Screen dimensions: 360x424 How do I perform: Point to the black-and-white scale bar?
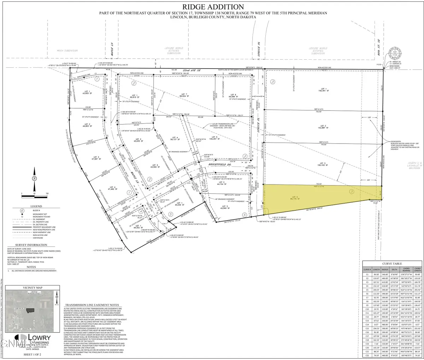[34, 193]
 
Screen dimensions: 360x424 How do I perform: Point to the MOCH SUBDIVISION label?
[67, 51]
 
